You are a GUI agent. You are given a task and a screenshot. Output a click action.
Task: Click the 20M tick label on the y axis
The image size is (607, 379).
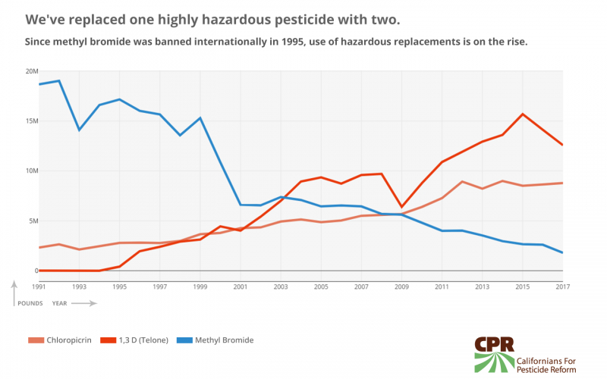(x=32, y=71)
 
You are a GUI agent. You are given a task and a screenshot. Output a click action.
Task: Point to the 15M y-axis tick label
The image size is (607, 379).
(x=32, y=121)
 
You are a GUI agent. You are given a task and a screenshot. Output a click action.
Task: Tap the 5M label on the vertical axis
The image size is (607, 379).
(x=33, y=221)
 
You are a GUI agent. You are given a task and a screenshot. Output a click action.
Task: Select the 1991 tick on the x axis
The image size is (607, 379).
(x=39, y=286)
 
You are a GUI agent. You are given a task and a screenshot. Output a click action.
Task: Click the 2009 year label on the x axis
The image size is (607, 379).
(x=401, y=286)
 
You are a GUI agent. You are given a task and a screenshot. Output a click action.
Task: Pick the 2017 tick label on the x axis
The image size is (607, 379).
(x=561, y=286)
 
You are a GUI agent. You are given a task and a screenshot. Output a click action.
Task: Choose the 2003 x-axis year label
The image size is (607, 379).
(x=281, y=286)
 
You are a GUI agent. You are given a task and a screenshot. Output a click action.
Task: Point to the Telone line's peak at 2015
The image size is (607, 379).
(x=522, y=114)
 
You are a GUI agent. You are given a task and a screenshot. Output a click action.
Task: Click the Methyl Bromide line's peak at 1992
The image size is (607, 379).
(x=59, y=80)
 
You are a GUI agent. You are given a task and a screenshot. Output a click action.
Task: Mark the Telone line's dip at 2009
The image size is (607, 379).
(x=401, y=207)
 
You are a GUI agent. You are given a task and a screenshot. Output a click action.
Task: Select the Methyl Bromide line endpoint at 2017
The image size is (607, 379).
(x=562, y=252)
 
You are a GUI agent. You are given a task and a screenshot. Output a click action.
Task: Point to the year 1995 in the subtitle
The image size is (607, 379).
(x=285, y=41)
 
